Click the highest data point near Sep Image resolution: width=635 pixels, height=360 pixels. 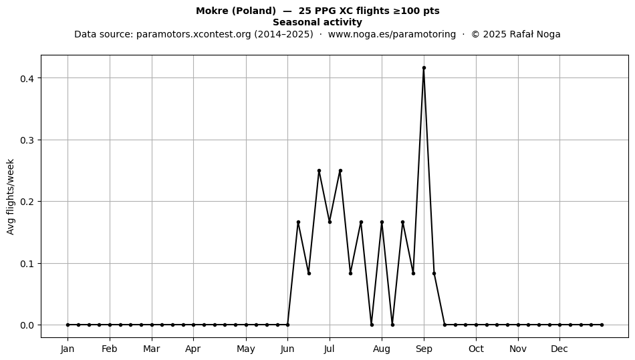424,68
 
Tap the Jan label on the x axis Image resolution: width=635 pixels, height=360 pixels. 68,349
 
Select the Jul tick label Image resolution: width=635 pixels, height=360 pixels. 330,349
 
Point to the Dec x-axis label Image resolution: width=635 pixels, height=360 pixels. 559,349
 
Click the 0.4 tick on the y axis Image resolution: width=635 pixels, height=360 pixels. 27,78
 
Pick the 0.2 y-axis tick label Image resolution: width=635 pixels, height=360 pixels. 27,202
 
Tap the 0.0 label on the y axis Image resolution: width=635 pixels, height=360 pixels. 27,325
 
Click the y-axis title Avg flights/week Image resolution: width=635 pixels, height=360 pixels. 11,196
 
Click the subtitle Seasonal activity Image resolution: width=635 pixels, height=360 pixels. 317,22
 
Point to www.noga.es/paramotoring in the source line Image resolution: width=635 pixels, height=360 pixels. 392,34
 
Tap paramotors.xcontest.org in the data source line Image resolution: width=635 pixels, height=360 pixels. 194,34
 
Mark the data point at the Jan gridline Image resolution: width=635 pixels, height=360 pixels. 68,325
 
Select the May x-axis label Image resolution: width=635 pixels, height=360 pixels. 246,349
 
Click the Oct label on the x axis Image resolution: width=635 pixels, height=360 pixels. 476,349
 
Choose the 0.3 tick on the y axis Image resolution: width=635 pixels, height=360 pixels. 27,140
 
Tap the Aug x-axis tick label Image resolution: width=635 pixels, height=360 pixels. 382,349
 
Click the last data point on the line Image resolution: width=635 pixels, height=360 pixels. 602,325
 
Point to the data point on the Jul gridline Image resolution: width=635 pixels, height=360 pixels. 330,222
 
